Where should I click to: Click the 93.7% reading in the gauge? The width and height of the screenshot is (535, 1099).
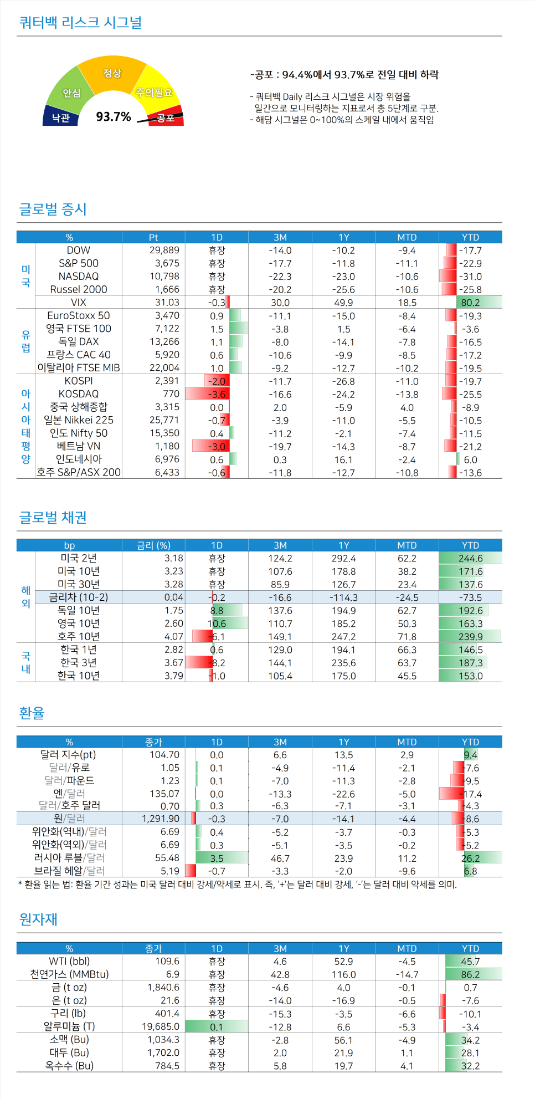[114, 117]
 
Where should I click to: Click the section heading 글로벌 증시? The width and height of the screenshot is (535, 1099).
[53, 209]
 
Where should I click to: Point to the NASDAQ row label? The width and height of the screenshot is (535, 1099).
[79, 276]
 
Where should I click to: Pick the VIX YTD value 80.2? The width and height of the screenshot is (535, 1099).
[470, 303]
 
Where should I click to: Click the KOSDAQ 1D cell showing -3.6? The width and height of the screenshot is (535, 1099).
[217, 395]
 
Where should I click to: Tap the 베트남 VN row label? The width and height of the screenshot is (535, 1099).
[79, 446]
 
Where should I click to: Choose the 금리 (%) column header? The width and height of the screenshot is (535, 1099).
[153, 545]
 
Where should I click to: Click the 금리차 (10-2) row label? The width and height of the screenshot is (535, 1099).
[79, 597]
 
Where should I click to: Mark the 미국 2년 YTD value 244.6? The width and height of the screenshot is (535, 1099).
[470, 559]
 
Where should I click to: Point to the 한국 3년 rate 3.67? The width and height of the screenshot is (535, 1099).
[173, 663]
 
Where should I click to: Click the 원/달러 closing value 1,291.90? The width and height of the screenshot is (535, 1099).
[161, 819]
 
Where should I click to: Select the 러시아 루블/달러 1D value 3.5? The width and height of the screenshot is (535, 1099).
[217, 858]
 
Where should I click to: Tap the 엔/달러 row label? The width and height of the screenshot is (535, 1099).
[69, 794]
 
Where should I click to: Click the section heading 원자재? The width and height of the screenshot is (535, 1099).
[38, 919]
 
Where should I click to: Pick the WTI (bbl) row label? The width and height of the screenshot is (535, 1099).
[69, 962]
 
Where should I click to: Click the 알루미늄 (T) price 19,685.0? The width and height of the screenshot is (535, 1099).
[161, 1027]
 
